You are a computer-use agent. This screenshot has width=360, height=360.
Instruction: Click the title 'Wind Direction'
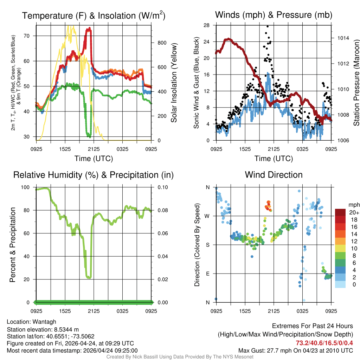tap(274, 175)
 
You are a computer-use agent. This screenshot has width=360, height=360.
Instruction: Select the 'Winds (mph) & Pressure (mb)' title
tap(274, 15)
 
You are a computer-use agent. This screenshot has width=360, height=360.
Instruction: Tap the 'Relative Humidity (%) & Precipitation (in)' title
tap(94, 175)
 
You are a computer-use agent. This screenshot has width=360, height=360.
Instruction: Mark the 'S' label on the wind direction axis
tap(207, 245)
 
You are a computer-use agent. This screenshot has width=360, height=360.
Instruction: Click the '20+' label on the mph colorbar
tap(354, 213)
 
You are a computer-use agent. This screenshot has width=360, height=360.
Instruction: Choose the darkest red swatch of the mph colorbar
tap(340, 212)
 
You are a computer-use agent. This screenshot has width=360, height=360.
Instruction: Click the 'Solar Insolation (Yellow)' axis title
tap(174, 83)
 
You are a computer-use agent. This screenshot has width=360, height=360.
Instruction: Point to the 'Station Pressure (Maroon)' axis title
tap(356, 83)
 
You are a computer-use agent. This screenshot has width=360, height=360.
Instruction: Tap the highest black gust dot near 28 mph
tap(268, 26)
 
